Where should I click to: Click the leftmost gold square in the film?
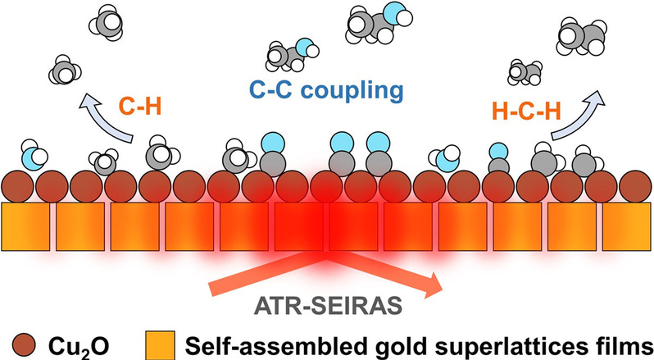[25, 226]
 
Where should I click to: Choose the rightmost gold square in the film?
[627, 226]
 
